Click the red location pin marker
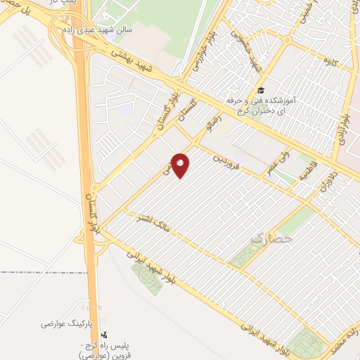click(x=181, y=165)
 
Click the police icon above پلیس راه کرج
click(x=104, y=335)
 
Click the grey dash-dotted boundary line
click(x=42, y=271)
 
